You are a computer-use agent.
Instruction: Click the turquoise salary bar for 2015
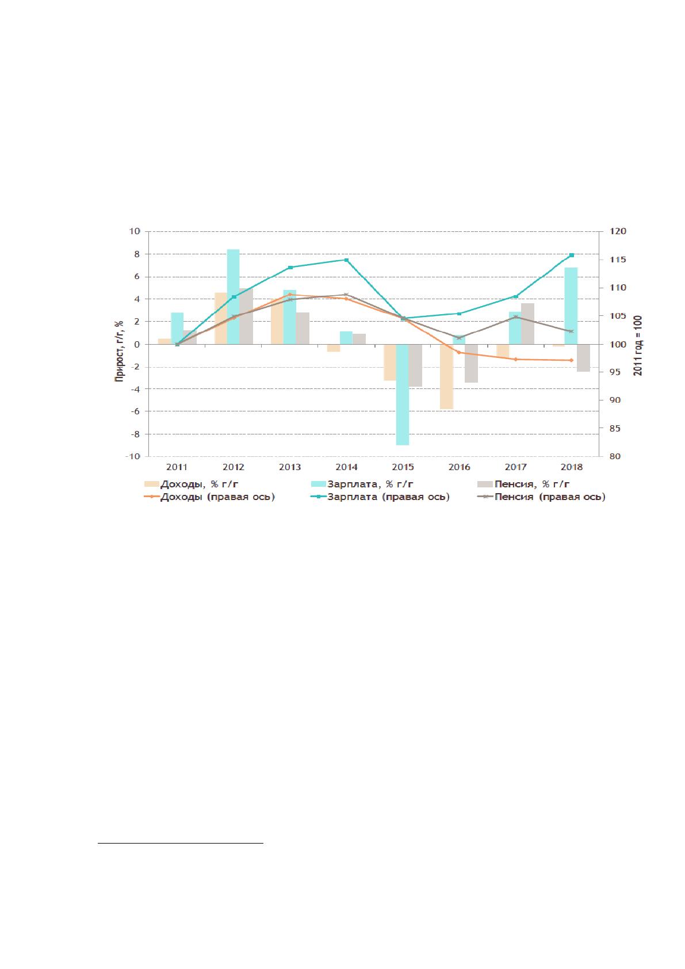pyautogui.click(x=402, y=395)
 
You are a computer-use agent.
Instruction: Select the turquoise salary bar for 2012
pyautogui.click(x=233, y=297)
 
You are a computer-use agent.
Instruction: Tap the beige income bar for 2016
pyautogui.click(x=446, y=376)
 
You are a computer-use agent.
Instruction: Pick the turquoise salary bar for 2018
pyautogui.click(x=571, y=306)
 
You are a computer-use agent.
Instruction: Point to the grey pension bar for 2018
pyautogui.click(x=583, y=358)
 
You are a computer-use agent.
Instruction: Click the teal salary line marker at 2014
pyautogui.click(x=346, y=260)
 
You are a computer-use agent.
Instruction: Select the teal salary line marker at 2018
pyautogui.click(x=572, y=255)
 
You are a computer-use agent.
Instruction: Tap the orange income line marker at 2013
pyautogui.click(x=290, y=294)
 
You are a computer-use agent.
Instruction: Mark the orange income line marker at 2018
pyautogui.click(x=572, y=360)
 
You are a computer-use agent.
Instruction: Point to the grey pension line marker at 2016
pyautogui.click(x=460, y=337)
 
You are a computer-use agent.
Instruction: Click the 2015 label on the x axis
pyautogui.click(x=403, y=467)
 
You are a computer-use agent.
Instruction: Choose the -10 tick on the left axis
pyautogui.click(x=133, y=456)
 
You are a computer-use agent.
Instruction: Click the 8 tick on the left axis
pyautogui.click(x=137, y=254)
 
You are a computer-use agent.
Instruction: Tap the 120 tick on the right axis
pyautogui.click(x=618, y=231)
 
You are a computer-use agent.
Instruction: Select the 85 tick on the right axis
pyautogui.click(x=615, y=428)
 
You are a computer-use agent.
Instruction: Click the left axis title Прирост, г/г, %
pyautogui.click(x=119, y=351)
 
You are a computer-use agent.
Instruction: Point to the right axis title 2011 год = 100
pyautogui.click(x=637, y=345)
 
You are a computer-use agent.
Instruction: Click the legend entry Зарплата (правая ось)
pyautogui.click(x=381, y=497)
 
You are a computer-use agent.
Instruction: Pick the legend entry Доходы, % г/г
pyautogui.click(x=191, y=484)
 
